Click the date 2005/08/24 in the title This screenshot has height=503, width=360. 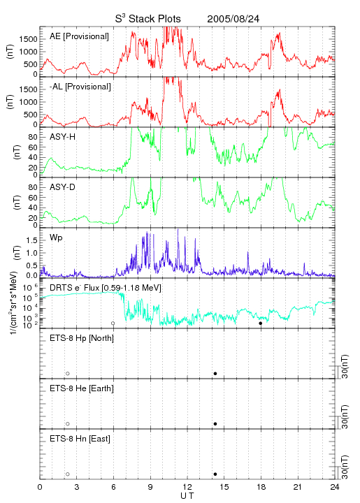[233, 19]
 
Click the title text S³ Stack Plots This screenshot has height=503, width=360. [148, 19]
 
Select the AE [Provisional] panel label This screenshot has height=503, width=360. [79, 36]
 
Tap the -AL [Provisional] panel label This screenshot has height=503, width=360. [80, 87]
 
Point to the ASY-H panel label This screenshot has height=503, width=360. [62, 137]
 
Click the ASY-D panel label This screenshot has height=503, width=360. [62, 187]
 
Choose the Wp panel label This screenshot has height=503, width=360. [56, 238]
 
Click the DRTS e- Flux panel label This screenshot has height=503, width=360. [106, 288]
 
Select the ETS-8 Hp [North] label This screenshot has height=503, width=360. [82, 338]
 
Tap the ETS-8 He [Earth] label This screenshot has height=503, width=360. [82, 388]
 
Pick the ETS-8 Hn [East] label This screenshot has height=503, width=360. [80, 439]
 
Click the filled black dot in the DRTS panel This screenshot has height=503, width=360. [261, 323]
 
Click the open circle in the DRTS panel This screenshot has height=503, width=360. [113, 323]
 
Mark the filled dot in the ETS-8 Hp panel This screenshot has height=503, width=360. [215, 374]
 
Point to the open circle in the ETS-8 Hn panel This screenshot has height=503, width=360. [68, 474]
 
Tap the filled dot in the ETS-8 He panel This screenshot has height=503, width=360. [215, 424]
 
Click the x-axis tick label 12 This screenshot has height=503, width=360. [187, 487]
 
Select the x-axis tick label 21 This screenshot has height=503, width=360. [298, 487]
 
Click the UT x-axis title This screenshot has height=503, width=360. [187, 496]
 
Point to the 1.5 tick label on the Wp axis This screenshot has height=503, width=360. [31, 240]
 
